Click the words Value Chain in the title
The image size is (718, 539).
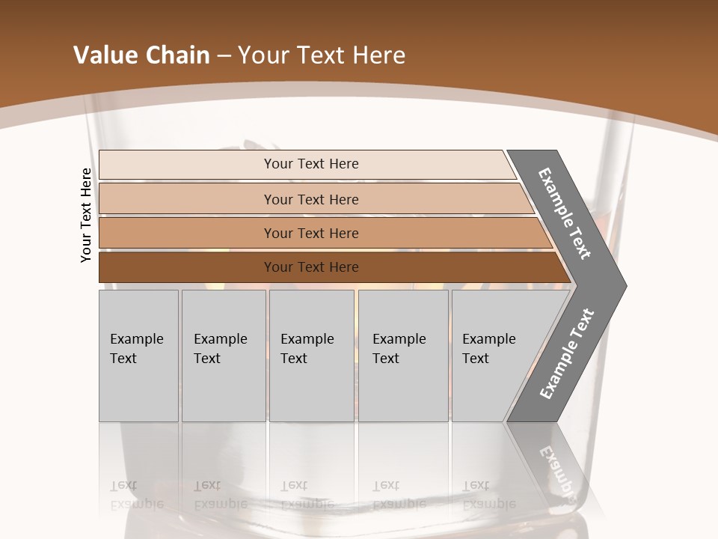141,55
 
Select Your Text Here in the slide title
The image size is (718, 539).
322,55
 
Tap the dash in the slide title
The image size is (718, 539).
224,55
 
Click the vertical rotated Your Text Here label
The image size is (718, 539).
86,215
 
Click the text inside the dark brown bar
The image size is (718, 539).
311,267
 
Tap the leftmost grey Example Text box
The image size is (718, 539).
138,356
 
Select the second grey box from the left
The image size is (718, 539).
224,356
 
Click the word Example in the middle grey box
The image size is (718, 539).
307,339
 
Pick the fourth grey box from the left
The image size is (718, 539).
403,356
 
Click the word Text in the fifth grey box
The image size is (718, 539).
476,359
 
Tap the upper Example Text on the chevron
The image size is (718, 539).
565,214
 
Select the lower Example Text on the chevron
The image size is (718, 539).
566,354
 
